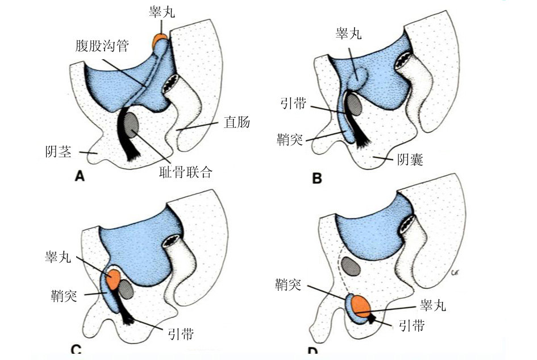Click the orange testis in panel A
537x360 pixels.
159,40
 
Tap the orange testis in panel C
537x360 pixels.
113,279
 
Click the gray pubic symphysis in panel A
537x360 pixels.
131,124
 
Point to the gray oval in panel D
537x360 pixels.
351,266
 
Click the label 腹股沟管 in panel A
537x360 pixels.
102,45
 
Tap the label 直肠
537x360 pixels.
236,122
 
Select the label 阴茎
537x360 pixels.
58,151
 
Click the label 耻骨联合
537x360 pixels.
186,172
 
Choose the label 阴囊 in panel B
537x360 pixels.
410,159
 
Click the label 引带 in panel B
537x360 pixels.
293,103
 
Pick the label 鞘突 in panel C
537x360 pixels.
64,295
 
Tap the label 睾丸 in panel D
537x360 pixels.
433,304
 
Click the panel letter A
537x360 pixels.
80,176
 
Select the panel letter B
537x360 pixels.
317,179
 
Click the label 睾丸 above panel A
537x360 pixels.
162,12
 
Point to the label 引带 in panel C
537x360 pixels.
181,333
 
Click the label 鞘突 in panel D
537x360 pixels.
288,284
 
